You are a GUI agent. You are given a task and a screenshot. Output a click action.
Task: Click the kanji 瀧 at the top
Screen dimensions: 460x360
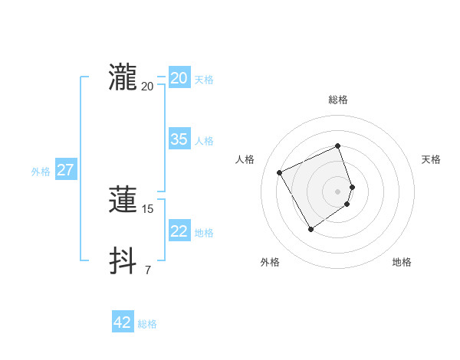[123, 78]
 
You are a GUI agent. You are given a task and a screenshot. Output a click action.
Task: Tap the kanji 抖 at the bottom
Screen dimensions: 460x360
[123, 260]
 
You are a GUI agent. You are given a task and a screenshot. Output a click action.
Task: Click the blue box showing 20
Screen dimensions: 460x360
[179, 78]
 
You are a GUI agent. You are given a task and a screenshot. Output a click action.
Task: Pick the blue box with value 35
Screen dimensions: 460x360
[179, 139]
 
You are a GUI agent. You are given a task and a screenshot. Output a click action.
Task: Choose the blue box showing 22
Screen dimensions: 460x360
[179, 231]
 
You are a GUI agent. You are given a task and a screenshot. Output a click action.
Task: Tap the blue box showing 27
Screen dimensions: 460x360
[65, 170]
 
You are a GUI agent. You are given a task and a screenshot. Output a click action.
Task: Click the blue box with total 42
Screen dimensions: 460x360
[122, 322]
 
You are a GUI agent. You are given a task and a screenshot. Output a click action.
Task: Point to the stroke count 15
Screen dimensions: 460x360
[148, 208]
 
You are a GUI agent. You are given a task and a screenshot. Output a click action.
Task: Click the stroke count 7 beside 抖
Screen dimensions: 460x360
[147, 270]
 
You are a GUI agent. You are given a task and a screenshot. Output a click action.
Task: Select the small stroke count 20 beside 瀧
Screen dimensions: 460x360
[148, 86]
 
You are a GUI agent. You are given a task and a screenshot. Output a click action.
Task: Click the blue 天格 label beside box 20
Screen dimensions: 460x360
[203, 80]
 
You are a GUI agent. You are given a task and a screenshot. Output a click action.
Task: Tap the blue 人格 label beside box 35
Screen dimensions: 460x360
[203, 141]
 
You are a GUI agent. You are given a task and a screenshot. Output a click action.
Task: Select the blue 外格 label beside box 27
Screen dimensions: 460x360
[41, 172]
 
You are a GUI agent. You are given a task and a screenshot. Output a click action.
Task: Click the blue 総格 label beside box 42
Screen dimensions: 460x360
[147, 324]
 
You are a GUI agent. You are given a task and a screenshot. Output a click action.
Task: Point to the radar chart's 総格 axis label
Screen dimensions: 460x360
[338, 100]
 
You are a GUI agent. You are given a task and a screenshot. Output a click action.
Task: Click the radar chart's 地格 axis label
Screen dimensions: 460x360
[402, 262]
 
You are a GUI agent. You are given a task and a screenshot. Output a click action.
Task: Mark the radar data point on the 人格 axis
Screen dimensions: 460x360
[280, 172]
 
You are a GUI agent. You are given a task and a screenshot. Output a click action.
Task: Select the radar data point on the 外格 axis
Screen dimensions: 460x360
[310, 229]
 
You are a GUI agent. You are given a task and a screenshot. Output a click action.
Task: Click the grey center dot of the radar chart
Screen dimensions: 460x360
[338, 191]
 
